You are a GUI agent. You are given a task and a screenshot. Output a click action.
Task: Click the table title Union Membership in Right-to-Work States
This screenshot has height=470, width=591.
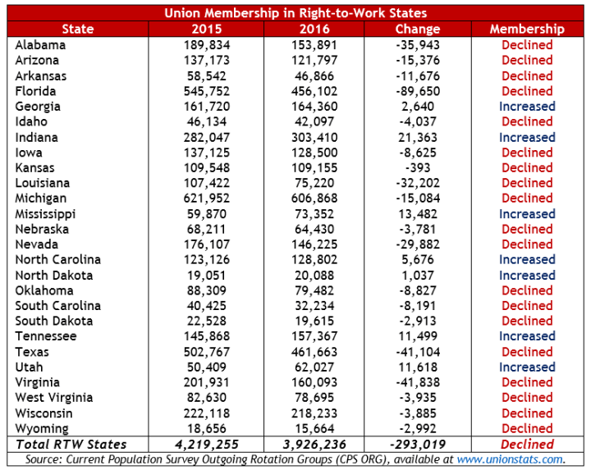295,13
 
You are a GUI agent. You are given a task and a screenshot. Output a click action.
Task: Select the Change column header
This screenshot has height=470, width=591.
417,29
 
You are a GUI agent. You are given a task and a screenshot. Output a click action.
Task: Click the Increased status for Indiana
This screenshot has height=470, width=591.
527,138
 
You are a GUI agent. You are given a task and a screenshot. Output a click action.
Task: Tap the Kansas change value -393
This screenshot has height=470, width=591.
418,168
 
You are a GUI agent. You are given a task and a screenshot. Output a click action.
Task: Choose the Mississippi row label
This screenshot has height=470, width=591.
48,214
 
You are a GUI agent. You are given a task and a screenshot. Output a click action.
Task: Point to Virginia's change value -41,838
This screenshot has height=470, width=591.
417,382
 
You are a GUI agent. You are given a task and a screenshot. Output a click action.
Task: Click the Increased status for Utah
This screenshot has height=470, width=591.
527,367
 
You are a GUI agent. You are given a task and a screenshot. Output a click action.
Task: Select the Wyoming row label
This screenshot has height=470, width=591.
42,429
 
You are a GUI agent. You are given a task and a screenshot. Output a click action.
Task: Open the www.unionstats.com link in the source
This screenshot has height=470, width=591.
510,459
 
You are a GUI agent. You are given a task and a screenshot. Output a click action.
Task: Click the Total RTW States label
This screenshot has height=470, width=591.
68,445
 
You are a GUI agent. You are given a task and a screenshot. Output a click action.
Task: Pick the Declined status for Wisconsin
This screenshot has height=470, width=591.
527,413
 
